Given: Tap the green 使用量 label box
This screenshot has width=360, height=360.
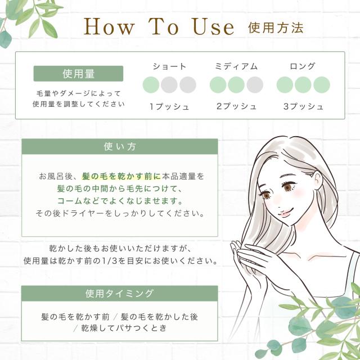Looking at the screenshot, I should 78,74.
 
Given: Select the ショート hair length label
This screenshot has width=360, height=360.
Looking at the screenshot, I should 169,66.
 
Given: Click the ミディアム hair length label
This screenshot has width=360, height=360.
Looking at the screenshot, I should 236,66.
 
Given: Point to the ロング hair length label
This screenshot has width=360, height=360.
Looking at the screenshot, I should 303,66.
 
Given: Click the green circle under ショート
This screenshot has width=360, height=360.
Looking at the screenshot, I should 151,85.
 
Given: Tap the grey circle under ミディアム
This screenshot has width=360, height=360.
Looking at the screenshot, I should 254,85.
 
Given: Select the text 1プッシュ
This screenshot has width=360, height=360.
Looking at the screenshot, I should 169,106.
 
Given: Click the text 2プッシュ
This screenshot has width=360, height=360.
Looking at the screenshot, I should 236,106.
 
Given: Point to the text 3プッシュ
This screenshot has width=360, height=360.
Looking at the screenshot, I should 303,106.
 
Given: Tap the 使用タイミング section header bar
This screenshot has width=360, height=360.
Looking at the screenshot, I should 119,294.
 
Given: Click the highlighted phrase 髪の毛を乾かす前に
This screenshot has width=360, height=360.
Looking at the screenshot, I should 121,176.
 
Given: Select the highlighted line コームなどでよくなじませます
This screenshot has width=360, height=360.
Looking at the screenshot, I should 120,201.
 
